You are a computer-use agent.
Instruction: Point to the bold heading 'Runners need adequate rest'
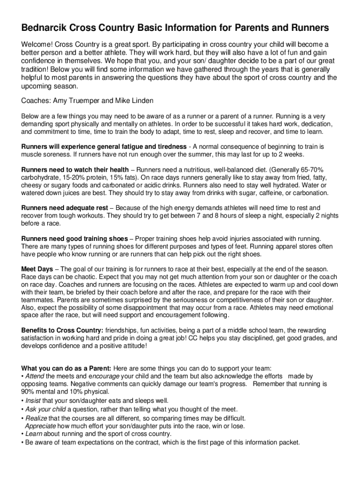[64, 208]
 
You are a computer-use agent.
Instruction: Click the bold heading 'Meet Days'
[37, 269]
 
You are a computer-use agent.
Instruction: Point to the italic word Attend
[35, 376]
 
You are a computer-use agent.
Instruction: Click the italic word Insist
[33, 400]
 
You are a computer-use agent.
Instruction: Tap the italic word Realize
[36, 418]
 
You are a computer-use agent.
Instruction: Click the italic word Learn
[34, 434]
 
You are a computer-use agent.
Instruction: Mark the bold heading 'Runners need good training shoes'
[74, 239]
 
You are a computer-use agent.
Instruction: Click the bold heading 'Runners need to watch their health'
[75, 169]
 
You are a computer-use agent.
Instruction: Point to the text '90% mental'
[39, 392]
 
